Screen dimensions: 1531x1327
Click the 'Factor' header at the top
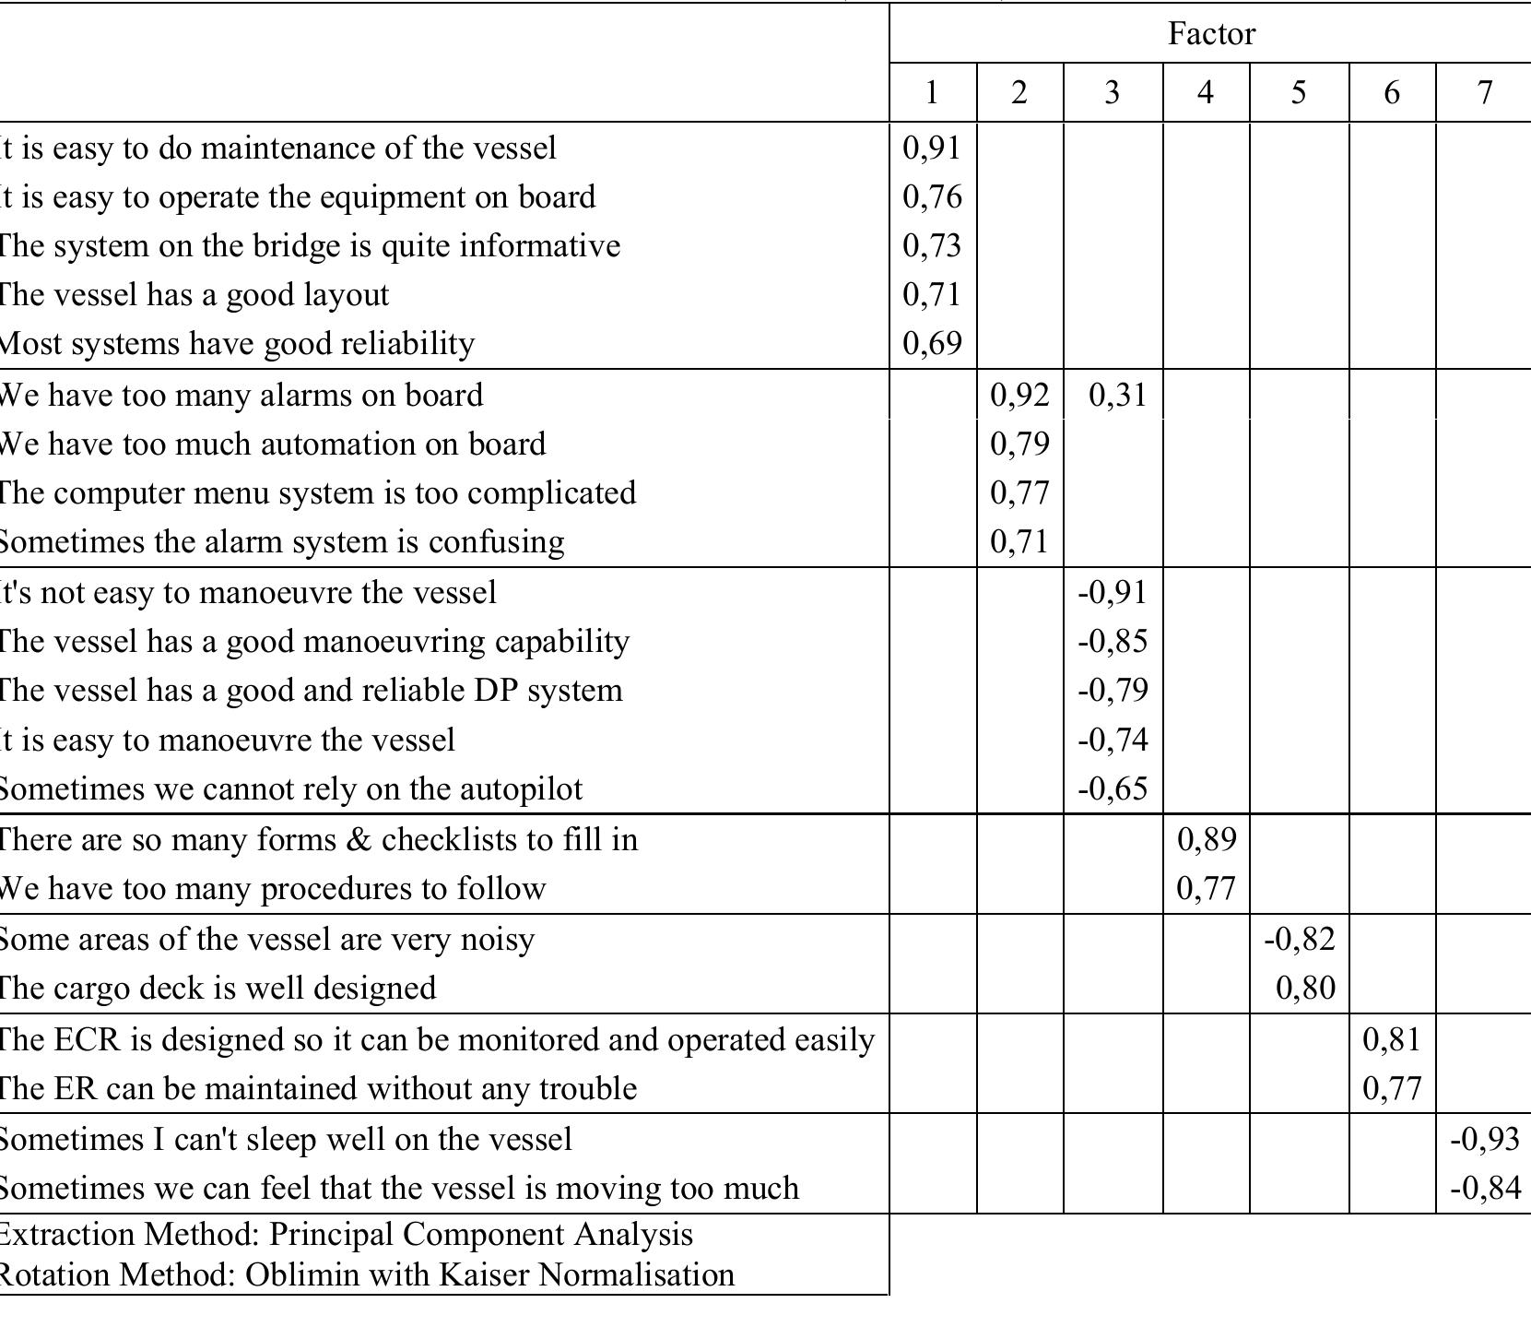pos(1211,34)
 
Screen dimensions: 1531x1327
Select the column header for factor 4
pos(1206,92)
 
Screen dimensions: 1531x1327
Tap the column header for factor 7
pos(1484,92)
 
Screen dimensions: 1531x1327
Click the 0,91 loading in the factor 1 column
pos(932,148)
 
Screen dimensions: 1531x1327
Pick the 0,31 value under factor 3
pos(1117,395)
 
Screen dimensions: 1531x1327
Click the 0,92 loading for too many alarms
pos(1019,395)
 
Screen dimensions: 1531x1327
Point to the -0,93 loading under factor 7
pos(1484,1139)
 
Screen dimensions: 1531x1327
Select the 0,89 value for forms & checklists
pos(1207,839)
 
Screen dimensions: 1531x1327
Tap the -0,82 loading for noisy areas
pos(1300,939)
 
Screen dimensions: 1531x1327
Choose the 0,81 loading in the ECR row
pos(1392,1039)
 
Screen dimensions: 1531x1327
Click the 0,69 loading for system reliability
pos(932,343)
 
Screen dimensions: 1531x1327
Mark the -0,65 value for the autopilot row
pos(1113,788)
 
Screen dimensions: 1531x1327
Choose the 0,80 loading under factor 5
pos(1305,988)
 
